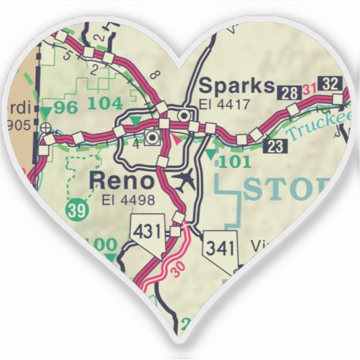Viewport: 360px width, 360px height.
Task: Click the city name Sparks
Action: coord(236,87)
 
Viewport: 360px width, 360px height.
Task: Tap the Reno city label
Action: coord(122,181)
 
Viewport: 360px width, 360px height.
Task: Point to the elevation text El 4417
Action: coord(226,105)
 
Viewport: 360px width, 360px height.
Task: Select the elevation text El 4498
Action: coord(128,200)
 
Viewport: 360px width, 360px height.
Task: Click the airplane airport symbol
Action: coord(184,179)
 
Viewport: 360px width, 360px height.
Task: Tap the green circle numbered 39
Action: coord(79,211)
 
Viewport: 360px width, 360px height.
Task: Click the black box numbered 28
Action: coord(290,92)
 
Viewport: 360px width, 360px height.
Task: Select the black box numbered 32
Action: coord(331,84)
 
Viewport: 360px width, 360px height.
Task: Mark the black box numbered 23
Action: coord(275,145)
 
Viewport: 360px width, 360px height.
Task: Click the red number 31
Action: coord(309,89)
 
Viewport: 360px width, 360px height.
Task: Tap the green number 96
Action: coord(66,107)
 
